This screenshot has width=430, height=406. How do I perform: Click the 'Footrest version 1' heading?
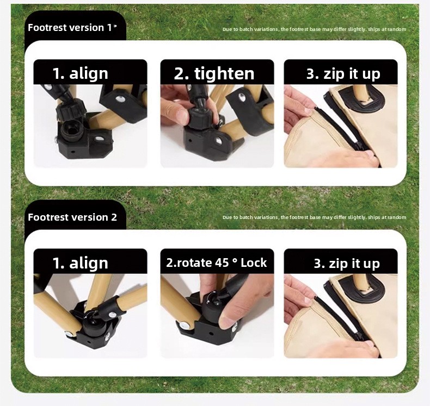click(x=70, y=28)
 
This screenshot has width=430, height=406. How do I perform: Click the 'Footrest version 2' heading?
click(x=72, y=217)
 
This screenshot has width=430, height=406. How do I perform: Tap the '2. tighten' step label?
click(x=214, y=74)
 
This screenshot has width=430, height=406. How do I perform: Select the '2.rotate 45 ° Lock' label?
click(x=217, y=263)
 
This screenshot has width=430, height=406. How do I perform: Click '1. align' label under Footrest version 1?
click(x=80, y=73)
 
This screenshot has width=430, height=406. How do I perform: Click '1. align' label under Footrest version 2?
click(x=80, y=263)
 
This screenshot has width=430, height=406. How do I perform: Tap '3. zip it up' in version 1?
click(x=343, y=74)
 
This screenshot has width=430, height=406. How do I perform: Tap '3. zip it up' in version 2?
click(x=347, y=264)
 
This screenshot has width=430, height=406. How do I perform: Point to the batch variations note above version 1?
click(x=314, y=29)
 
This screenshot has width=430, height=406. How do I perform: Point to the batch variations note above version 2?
click(x=314, y=217)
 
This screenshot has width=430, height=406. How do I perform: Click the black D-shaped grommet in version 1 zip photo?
click(x=362, y=100)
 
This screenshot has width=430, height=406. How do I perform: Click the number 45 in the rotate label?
click(x=222, y=263)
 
